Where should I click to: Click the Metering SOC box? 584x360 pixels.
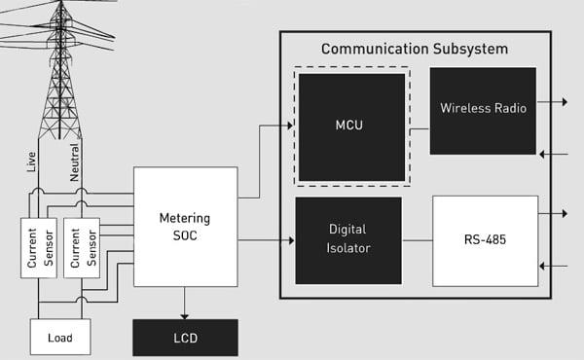pyautogui.click(x=185, y=227)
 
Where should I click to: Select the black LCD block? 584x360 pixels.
pyautogui.click(x=185, y=337)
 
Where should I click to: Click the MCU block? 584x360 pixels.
pyautogui.click(x=351, y=125)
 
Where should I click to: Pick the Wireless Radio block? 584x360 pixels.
pyautogui.click(x=483, y=109)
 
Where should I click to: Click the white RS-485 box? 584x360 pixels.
pyautogui.click(x=485, y=240)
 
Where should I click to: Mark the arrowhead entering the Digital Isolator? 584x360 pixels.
pyautogui.click(x=290, y=240)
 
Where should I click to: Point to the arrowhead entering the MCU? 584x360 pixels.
pyautogui.click(x=289, y=125)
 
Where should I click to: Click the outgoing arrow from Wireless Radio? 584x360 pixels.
pyautogui.click(x=559, y=100)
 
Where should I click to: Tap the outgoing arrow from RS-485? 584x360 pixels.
pyautogui.click(x=560, y=212)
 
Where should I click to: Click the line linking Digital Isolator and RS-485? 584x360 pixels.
pyautogui.click(x=417, y=240)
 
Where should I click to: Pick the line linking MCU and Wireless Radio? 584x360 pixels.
pyautogui.click(x=419, y=127)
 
